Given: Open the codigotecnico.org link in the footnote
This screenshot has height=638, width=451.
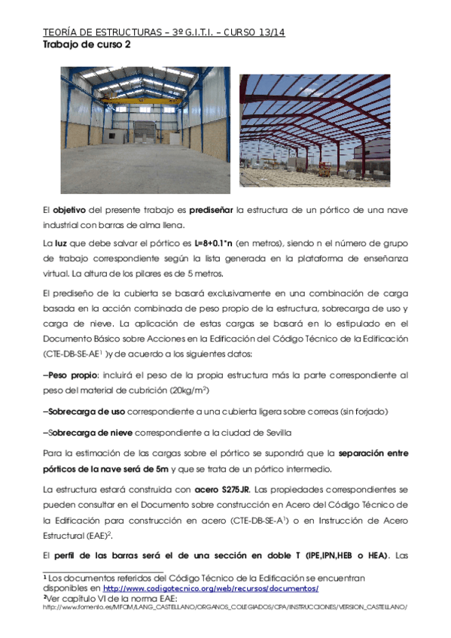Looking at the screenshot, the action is point(210,588).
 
